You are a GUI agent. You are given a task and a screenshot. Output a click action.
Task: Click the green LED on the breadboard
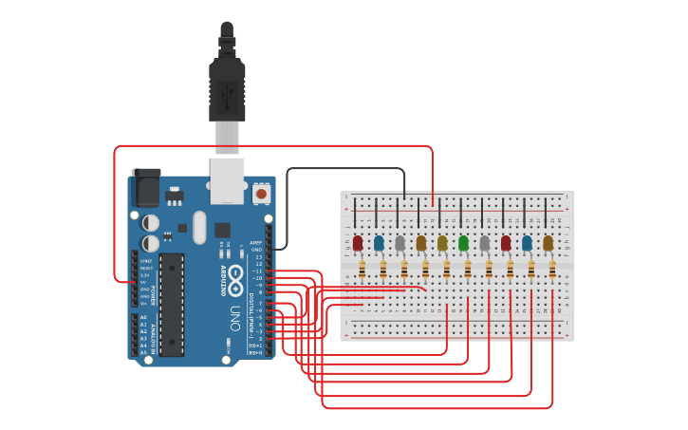point(463,244)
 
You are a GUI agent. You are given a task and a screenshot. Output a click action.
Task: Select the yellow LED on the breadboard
point(442,244)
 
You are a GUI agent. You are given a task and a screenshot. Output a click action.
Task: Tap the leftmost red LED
point(358,244)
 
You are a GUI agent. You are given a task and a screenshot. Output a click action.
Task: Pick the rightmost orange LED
point(548,244)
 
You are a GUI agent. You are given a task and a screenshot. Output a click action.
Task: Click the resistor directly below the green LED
point(468,271)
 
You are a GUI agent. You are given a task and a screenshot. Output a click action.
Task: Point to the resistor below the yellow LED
point(447,271)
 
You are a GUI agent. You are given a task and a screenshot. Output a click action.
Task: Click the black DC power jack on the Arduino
point(146,189)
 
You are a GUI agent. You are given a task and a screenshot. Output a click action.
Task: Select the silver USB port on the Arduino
point(227,181)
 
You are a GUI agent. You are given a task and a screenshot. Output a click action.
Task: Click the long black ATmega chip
point(172,304)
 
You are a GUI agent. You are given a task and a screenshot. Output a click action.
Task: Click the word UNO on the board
point(234,318)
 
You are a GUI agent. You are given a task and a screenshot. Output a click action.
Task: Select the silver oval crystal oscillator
point(198,228)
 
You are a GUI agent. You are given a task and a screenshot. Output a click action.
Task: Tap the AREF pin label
point(255,243)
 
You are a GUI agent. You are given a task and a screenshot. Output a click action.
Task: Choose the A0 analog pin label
point(144,317)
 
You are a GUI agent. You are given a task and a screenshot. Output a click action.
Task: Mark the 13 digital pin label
point(258,256)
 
